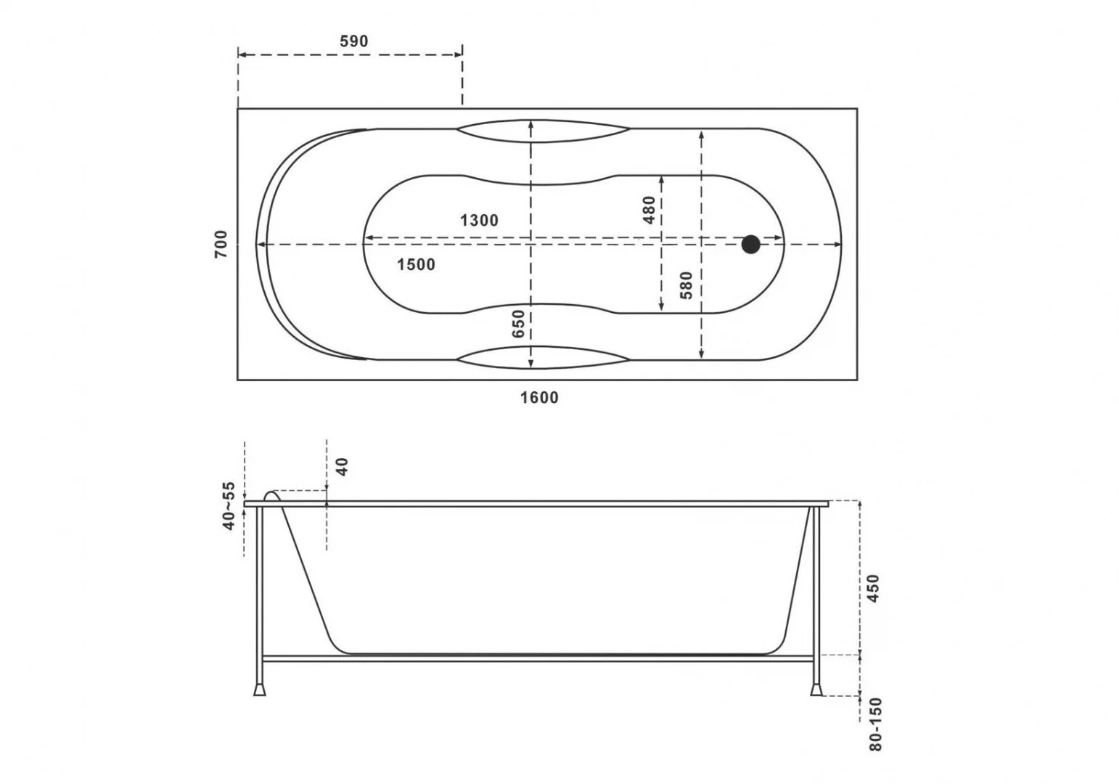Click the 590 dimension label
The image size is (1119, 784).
point(353,41)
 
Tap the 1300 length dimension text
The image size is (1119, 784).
point(479,221)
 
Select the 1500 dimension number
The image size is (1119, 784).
point(416,264)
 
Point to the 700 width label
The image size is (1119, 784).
point(221,244)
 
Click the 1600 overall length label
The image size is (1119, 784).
point(539,398)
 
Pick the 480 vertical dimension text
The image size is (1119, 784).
point(649,210)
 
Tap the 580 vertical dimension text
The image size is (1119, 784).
point(687,285)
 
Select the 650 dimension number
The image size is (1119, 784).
point(519,324)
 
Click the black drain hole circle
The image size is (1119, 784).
point(751,245)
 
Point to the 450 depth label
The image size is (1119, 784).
point(874,589)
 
